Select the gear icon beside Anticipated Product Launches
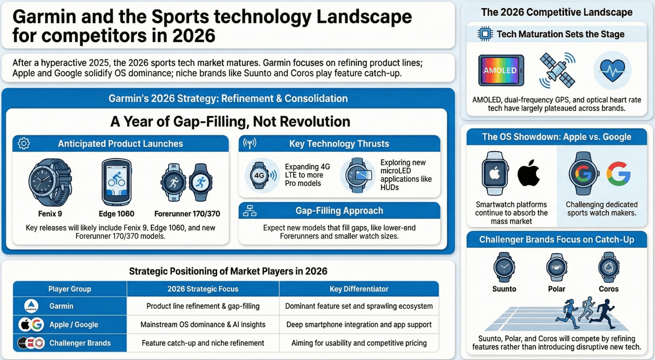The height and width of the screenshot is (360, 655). pyautogui.click(x=24, y=144)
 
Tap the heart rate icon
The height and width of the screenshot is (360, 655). pyautogui.click(x=612, y=70)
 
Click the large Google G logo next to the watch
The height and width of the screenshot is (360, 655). pyautogui.click(x=618, y=174)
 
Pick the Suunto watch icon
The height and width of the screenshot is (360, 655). pyautogui.click(x=504, y=267)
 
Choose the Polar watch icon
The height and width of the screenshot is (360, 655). pyautogui.click(x=557, y=267)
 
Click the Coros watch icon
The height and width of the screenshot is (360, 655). pyautogui.click(x=608, y=267)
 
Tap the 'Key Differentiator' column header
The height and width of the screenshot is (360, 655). pyautogui.click(x=359, y=289)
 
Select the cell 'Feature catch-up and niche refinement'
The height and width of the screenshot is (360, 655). pyautogui.click(x=203, y=343)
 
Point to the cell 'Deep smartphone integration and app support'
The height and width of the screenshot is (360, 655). pyautogui.click(x=359, y=325)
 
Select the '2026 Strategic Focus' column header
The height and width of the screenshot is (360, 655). pyautogui.click(x=203, y=289)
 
